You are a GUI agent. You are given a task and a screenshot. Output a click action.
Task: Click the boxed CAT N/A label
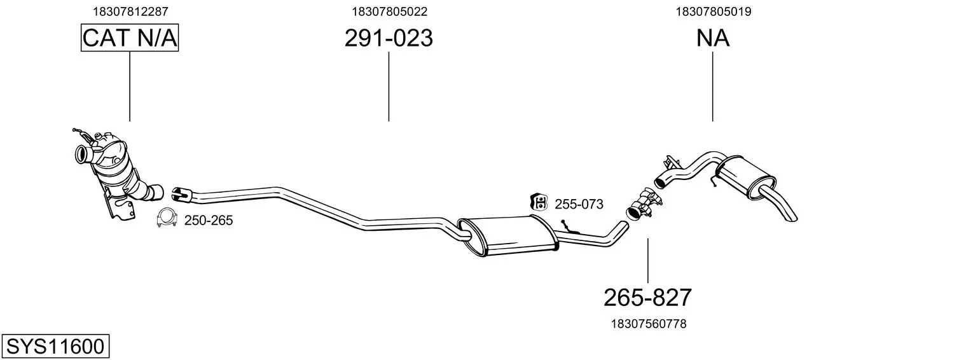(x=130, y=38)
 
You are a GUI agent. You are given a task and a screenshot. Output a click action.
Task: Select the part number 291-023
(x=389, y=38)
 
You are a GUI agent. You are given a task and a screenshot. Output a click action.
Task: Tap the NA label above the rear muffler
(x=713, y=38)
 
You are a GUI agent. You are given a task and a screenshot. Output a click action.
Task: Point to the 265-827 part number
(x=647, y=298)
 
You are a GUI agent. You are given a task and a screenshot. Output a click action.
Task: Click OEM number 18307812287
(x=130, y=11)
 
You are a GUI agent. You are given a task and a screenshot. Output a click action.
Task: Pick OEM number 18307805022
(x=389, y=11)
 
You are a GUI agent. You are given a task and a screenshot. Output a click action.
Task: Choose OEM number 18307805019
(x=714, y=11)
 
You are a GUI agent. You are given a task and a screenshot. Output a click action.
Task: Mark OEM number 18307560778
(x=649, y=324)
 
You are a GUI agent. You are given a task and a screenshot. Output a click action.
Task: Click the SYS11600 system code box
(x=55, y=346)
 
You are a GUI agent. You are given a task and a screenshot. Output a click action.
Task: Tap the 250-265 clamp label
(x=209, y=221)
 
